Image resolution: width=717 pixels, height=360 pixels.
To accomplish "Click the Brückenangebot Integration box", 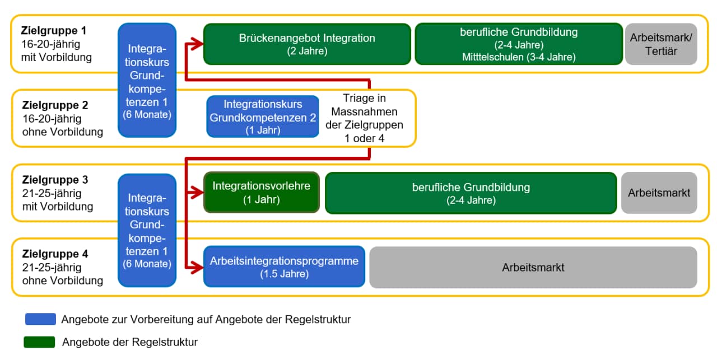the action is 307,44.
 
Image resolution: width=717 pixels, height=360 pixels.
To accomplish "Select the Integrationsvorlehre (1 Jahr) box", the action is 262,193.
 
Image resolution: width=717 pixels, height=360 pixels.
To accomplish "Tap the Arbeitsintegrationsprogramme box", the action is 284,267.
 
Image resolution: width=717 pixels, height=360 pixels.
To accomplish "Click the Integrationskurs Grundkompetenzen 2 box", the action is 263,116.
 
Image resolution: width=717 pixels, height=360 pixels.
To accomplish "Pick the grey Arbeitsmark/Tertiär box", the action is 662,44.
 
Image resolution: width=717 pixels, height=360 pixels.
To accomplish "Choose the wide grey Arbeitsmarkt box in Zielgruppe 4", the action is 533,267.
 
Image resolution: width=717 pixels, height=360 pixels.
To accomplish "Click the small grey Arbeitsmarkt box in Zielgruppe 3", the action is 659,193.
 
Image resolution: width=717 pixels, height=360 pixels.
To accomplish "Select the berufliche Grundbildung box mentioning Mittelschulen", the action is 519,44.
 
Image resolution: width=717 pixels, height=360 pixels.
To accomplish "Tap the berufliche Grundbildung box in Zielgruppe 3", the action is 471,193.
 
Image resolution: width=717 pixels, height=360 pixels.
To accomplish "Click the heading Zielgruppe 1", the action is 54,31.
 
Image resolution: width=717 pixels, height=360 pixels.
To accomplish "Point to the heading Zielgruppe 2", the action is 55,105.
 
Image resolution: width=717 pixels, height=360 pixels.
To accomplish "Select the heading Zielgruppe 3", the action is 55,180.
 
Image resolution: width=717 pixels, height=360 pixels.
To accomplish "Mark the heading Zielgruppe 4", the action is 55,254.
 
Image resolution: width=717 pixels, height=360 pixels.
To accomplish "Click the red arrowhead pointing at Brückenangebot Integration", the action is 197,44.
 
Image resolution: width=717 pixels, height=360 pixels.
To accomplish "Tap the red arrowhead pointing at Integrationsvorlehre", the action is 197,193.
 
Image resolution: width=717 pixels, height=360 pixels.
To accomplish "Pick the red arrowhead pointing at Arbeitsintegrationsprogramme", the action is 197,267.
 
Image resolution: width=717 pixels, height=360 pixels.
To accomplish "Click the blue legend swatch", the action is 41,319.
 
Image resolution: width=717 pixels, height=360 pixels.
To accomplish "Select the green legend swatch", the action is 39,342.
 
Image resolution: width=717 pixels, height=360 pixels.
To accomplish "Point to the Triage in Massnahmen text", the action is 364,118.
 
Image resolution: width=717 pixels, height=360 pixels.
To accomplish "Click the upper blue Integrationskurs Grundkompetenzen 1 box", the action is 147,80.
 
